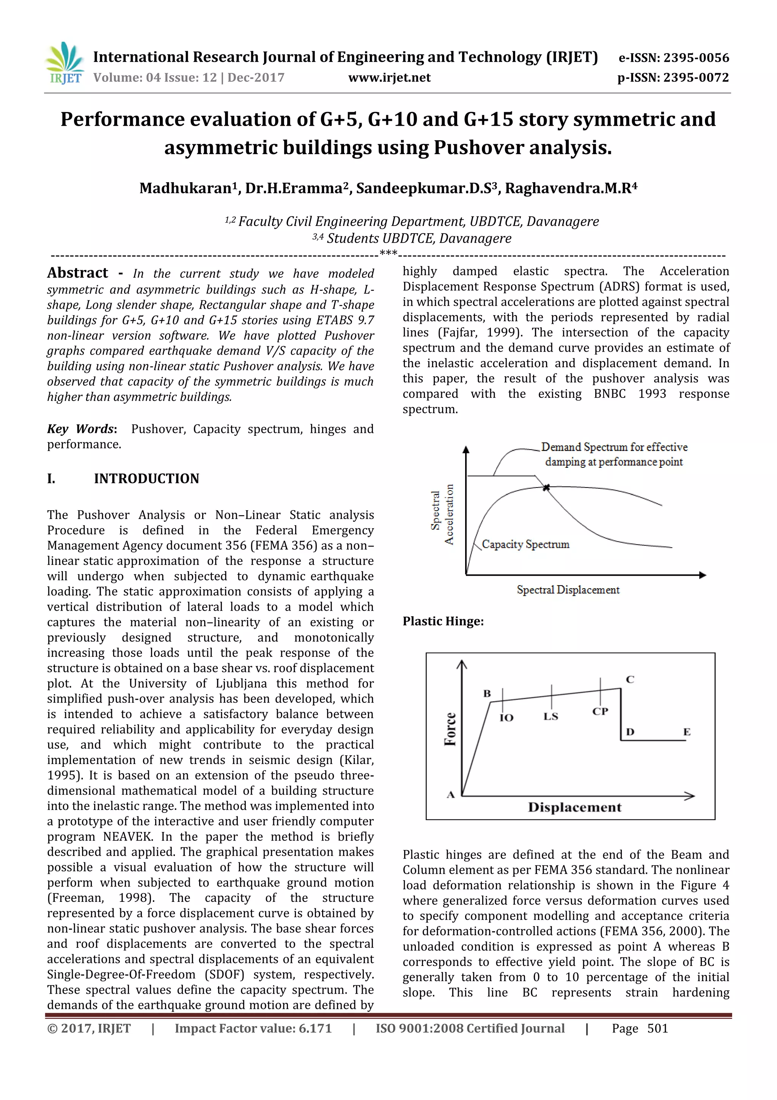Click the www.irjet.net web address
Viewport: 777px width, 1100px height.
pos(389,77)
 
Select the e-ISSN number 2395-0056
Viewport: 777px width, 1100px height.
pos(695,58)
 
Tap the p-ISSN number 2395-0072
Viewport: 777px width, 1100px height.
pos(696,77)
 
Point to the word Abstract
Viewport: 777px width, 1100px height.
pos(77,273)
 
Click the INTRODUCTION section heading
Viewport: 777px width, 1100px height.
pos(146,478)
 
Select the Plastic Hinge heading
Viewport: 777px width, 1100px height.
pos(443,622)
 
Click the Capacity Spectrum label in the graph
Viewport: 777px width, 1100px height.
pos(525,544)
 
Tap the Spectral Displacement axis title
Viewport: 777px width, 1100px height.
pos(568,590)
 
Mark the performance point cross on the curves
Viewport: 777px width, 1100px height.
pos(546,487)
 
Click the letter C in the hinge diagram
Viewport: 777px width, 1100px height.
pos(630,679)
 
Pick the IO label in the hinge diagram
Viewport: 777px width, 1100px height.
pos(506,717)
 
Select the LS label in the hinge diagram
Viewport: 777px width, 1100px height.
pos(551,716)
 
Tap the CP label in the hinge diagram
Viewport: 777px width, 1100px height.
pos(600,712)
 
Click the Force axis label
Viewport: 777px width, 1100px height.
pos(450,729)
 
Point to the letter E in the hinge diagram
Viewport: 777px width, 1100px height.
pos(687,732)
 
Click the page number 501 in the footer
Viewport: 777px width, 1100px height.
pos(657,1029)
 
